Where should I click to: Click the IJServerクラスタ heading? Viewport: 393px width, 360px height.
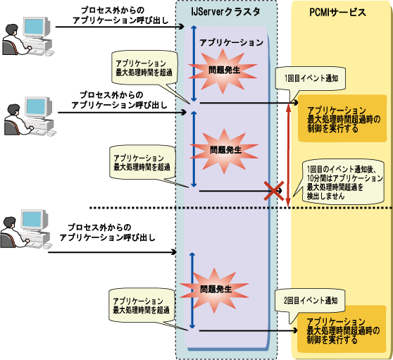225,12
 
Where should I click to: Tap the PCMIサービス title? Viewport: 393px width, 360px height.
338,12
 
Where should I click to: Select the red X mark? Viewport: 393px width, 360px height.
274,191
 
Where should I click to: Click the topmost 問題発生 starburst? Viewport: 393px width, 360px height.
223,70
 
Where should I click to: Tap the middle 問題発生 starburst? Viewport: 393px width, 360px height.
224,151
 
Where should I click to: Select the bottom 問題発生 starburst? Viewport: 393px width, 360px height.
214,290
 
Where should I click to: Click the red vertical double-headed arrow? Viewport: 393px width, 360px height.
288,155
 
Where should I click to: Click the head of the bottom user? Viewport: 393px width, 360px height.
10,223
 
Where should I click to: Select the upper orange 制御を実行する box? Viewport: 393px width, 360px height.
342,118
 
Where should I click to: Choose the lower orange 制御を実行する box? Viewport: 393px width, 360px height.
342,329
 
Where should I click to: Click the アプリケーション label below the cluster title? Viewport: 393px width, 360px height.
231,42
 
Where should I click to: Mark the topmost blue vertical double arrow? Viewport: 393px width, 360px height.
194,63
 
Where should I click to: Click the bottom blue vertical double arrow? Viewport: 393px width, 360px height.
192,291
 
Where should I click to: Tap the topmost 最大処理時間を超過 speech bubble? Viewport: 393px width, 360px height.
144,68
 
